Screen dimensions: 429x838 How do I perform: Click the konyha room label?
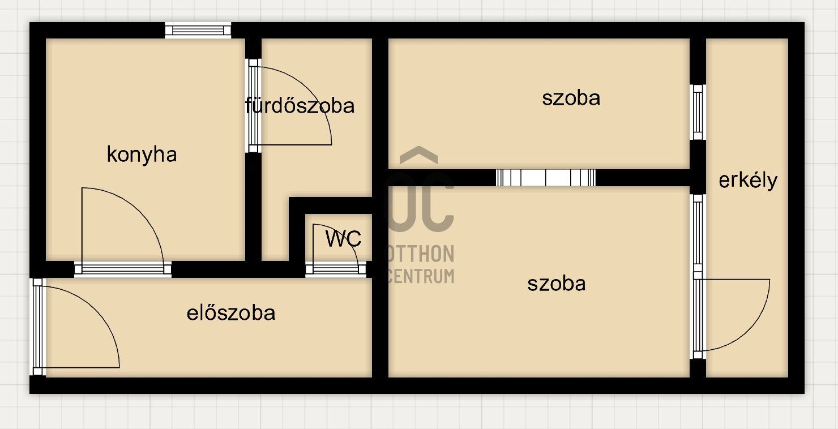[142, 155]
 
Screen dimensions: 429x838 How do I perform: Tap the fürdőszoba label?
[300, 105]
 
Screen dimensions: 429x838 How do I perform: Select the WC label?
[343, 239]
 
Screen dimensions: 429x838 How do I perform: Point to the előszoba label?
[231, 312]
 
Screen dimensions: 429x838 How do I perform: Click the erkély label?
[748, 181]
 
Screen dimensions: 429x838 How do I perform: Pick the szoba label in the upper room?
[571, 98]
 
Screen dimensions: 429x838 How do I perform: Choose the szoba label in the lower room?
[556, 283]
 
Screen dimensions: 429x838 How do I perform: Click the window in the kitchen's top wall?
[198, 30]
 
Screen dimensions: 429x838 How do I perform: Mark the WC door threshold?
[336, 269]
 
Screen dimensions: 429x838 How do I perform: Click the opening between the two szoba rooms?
[546, 178]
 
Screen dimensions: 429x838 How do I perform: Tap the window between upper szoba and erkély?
[698, 112]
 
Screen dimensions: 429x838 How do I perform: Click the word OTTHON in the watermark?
[420, 254]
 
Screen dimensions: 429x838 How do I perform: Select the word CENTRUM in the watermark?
[420, 276]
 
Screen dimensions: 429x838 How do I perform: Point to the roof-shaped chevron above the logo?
[419, 155]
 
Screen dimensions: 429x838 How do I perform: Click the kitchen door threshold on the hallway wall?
[123, 269]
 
